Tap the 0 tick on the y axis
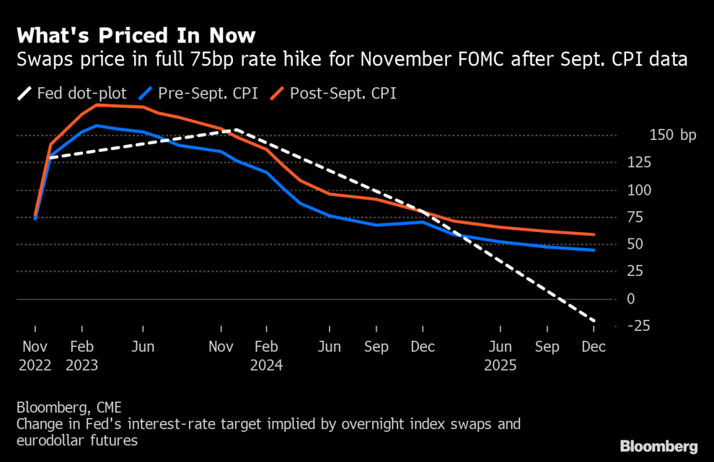coord(631,299)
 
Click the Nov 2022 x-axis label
coord(35,355)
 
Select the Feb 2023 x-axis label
coord(82,355)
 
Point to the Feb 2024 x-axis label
coord(267,355)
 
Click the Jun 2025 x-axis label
coord(501,355)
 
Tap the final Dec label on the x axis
coord(594,346)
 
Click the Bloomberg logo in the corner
coord(658,446)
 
